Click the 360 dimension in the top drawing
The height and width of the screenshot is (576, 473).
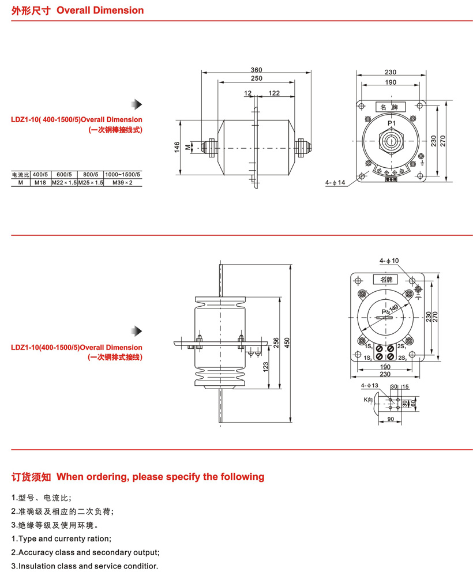[257, 69]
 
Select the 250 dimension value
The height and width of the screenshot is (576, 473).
[257, 78]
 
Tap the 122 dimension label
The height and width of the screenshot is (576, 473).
[274, 93]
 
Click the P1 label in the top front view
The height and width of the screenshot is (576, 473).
[391, 123]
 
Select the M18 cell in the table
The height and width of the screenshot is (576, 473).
[40, 182]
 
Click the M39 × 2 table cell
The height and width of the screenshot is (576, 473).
[122, 182]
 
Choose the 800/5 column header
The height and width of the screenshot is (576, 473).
[91, 174]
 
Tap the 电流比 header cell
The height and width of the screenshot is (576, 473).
[20, 174]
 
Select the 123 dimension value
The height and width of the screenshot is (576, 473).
[265, 366]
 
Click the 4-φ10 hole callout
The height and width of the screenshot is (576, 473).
[389, 261]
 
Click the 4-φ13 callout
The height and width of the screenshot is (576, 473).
[369, 385]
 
